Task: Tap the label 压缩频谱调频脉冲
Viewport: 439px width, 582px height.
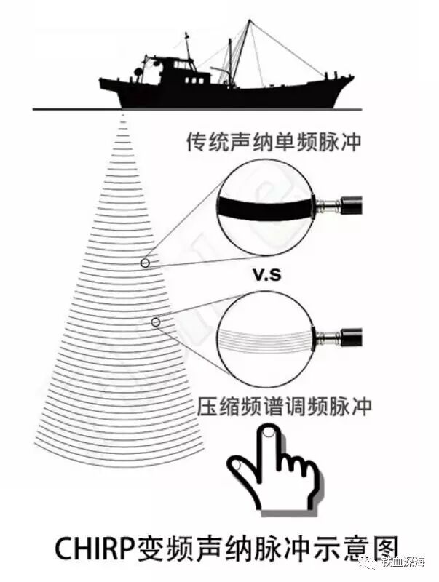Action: pos(284,405)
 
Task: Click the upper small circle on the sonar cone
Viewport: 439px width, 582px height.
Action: pos(146,263)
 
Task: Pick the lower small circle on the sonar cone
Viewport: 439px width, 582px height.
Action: pos(155,322)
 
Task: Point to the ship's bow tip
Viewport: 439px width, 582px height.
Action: pos(352,77)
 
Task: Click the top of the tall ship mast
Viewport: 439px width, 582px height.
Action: pos(250,22)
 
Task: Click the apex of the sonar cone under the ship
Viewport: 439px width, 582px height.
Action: pos(123,115)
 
